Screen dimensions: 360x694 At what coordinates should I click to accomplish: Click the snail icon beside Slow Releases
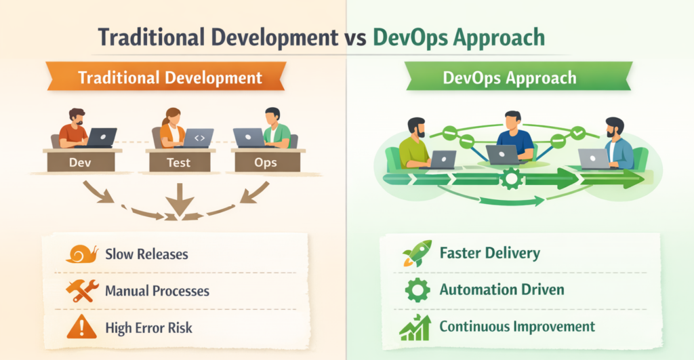[82, 254]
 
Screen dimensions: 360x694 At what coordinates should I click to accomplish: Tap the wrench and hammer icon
[82, 291]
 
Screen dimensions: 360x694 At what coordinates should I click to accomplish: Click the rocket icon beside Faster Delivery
[417, 254]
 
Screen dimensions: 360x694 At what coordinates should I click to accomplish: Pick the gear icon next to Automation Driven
[417, 290]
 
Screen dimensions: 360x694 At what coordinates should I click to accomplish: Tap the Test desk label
[179, 163]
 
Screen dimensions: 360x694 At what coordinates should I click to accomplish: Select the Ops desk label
[266, 163]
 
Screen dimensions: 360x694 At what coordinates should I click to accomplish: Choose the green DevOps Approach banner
[510, 77]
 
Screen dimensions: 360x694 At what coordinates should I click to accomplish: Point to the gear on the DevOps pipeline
[511, 179]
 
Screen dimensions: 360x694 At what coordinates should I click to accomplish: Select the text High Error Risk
[148, 328]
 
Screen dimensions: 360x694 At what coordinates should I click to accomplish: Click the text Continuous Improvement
[517, 327]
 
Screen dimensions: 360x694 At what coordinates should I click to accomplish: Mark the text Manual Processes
[157, 292]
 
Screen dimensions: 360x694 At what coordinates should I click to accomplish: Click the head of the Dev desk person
[76, 116]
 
